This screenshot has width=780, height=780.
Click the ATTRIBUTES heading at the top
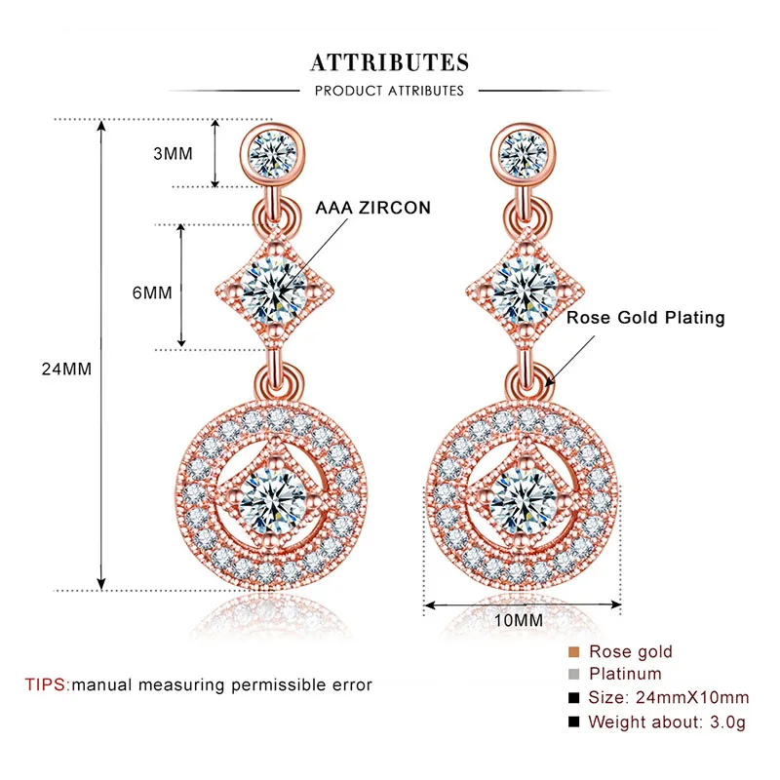click(390, 63)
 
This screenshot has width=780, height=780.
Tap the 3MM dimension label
click(173, 153)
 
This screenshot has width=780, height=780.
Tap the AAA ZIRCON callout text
click(371, 209)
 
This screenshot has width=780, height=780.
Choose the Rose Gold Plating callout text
click(645, 318)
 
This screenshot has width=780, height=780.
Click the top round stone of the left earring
click(274, 152)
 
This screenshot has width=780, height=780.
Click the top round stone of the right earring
click(526, 151)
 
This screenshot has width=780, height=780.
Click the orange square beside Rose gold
click(572, 651)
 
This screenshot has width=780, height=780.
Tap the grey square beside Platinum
click(572, 675)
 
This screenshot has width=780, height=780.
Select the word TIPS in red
click(47, 684)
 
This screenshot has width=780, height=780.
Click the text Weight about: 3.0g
click(667, 721)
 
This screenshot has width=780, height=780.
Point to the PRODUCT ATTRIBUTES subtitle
click(390, 91)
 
